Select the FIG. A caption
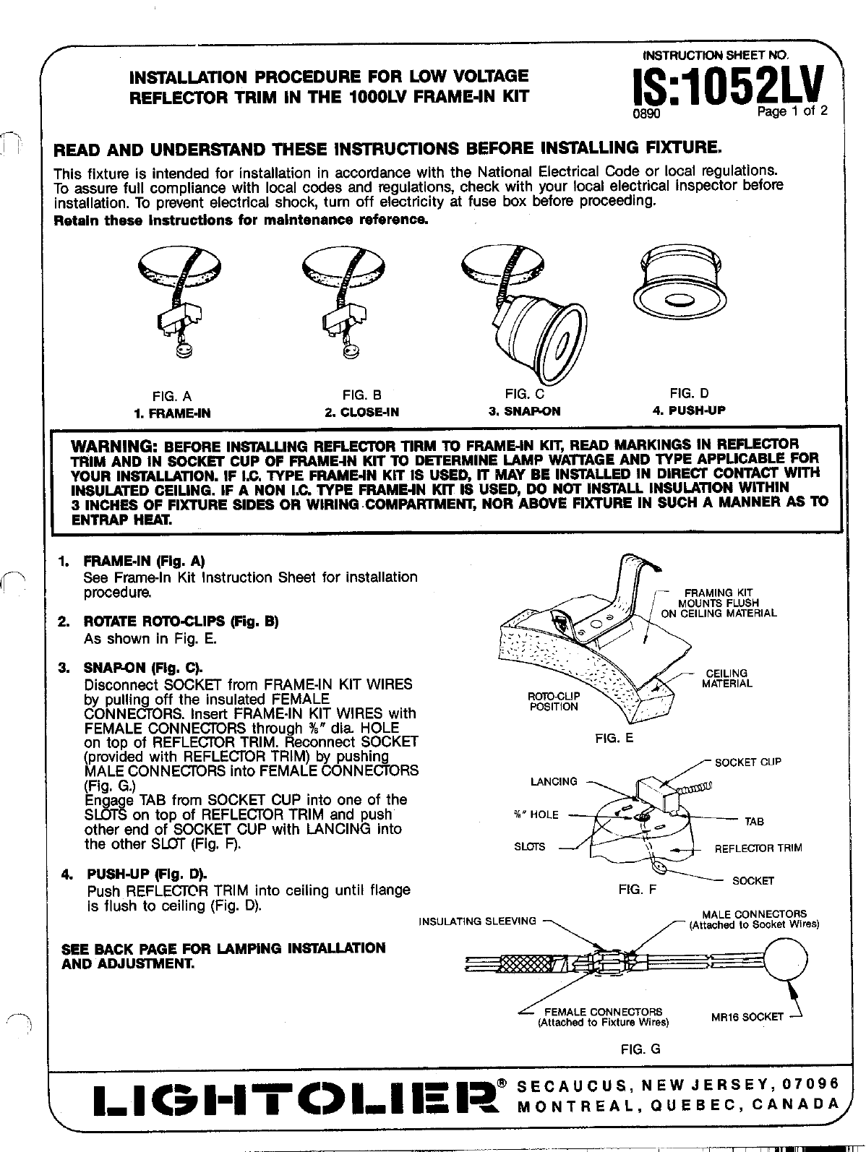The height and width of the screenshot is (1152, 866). [171, 396]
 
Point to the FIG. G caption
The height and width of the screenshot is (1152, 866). [640, 1049]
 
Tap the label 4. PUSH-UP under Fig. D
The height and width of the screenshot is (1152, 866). [688, 410]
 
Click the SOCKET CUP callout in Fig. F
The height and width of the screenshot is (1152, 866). [748, 762]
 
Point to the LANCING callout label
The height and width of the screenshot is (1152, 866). [554, 781]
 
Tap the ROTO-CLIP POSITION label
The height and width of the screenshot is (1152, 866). [554, 701]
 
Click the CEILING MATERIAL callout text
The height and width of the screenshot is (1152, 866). [726, 678]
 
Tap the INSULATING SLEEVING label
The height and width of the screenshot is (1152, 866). [478, 921]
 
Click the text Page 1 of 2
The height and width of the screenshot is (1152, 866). [791, 111]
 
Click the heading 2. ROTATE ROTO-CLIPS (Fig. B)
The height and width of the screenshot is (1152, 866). [181, 622]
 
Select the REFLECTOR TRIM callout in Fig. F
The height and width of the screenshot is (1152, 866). [758, 848]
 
